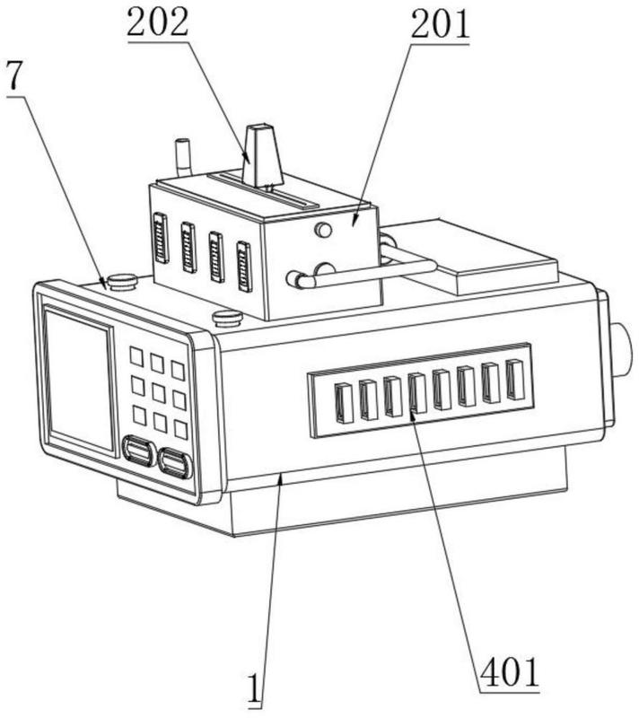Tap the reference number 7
coord(13,77)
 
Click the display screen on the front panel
coord(79,377)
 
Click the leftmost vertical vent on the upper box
coord(161,237)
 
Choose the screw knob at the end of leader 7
coord(123,282)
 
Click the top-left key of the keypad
coord(136,355)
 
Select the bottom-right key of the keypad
coord(180,428)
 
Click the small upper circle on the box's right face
coord(324,230)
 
